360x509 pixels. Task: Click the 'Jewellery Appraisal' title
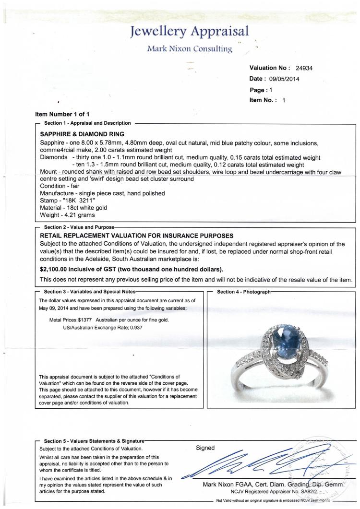pos(189,32)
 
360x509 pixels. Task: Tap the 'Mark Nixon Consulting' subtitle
pos(190,48)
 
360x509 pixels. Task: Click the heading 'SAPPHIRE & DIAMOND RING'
pos(82,134)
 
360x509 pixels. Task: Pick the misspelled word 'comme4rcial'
pos(56,151)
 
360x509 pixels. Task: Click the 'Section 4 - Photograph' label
pos(244,291)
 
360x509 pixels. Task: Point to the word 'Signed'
pos(206,448)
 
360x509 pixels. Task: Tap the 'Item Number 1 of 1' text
pos(62,114)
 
